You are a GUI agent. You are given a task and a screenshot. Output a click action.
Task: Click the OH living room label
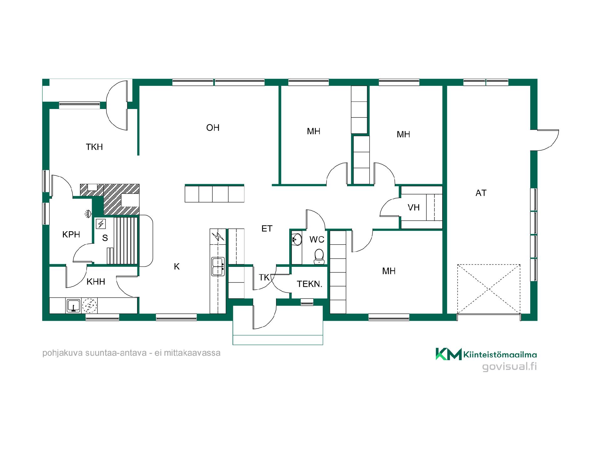point(213,128)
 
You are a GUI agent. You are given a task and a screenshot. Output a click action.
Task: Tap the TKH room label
point(95,147)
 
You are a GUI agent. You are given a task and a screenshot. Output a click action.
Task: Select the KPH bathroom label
point(71,234)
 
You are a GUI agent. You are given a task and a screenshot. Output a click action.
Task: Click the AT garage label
point(481,193)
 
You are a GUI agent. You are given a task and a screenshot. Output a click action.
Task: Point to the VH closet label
point(414,207)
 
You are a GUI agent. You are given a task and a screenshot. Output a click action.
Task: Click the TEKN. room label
point(309,284)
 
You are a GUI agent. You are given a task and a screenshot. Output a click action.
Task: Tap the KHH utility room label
point(96,282)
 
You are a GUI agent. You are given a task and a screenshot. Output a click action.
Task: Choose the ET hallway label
point(267,229)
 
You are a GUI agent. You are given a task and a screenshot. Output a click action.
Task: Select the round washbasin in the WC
point(296,240)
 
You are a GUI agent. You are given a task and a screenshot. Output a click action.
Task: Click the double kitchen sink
point(218,266)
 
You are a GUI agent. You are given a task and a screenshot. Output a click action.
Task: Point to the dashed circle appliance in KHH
point(90,306)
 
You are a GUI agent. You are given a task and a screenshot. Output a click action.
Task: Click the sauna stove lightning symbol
point(101,224)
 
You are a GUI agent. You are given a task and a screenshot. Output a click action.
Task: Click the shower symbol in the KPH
point(89,214)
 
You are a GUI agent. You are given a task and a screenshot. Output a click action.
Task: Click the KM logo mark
point(449,354)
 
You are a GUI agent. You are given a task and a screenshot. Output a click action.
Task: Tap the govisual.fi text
point(509,366)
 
